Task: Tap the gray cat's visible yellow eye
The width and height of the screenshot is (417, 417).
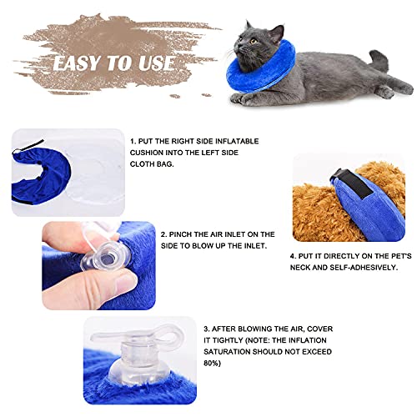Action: tap(254, 42)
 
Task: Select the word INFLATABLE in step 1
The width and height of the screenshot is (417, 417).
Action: tap(237, 141)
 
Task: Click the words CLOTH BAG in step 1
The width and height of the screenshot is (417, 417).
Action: tap(152, 164)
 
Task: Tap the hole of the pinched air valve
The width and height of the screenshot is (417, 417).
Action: tap(107, 260)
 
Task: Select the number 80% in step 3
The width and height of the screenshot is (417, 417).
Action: tap(212, 364)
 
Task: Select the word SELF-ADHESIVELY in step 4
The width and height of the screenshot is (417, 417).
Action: tap(364, 268)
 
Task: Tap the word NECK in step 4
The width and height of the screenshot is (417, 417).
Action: tap(300, 268)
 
